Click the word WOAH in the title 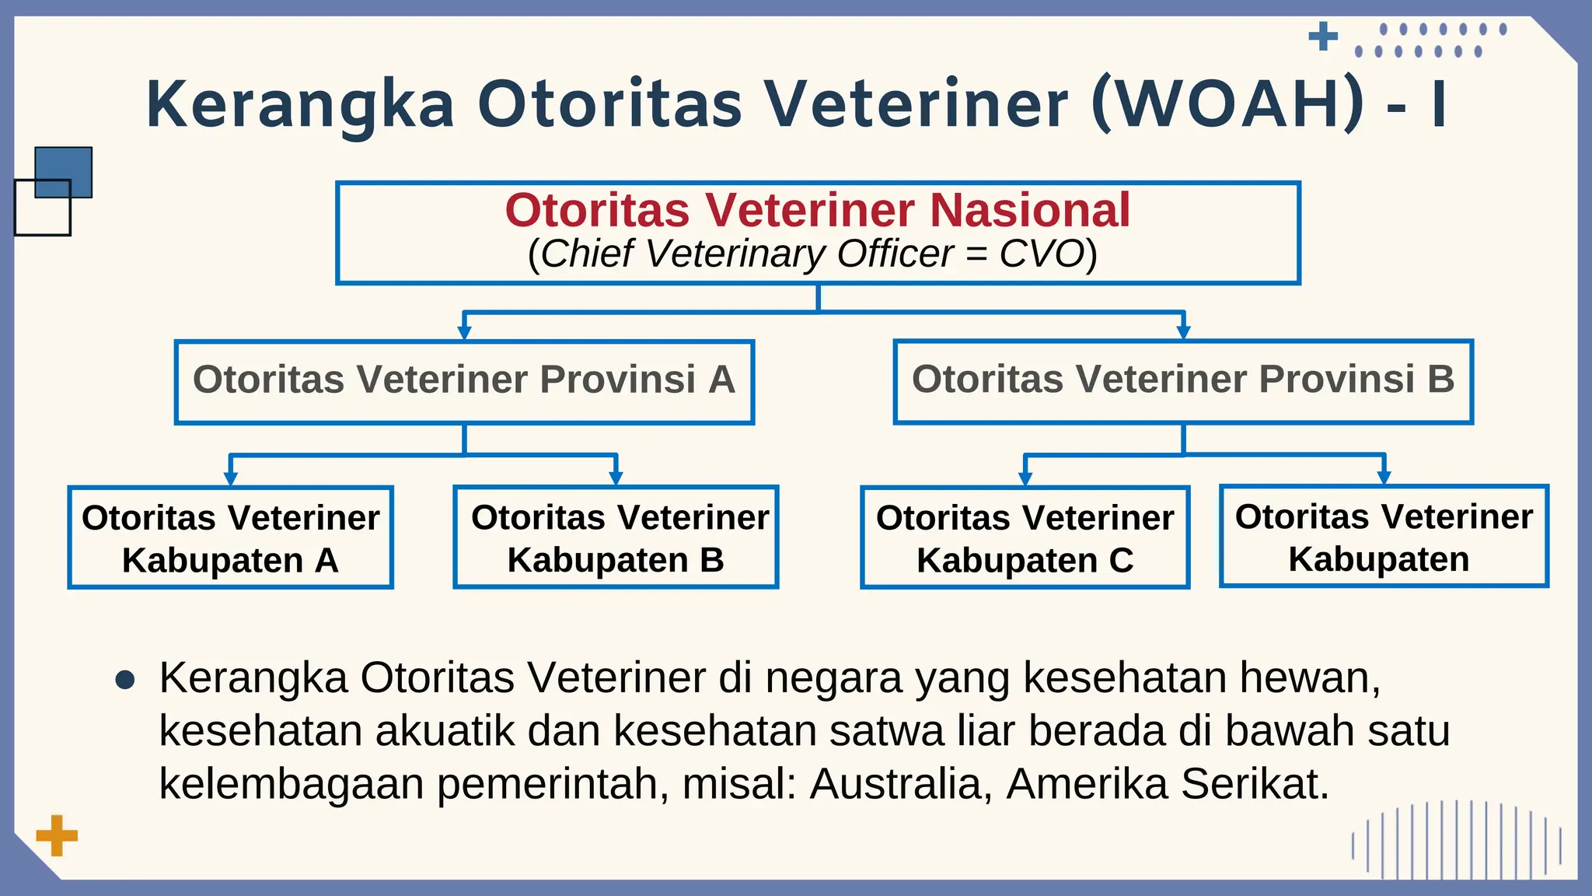pos(1228,105)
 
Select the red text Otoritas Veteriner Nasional pos(818,211)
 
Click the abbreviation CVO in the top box pos(1042,254)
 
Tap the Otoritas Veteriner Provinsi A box pos(464,381)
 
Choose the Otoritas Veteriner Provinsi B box pos(1183,381)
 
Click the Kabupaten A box pos(230,537)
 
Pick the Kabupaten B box pos(616,537)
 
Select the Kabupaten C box pos(1025,537)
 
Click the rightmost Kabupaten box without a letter pos(1384,537)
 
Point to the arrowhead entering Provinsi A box pos(464,333)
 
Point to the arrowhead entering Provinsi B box pos(1183,333)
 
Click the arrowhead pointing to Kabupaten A pos(230,479)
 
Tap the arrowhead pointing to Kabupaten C pos(1025,479)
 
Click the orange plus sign pos(57,836)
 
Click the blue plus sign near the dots pos(1323,37)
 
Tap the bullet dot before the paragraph pos(125,681)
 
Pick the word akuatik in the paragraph pos(445,731)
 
